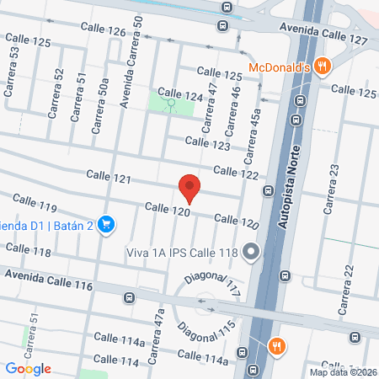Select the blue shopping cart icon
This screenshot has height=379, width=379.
coord(105,224)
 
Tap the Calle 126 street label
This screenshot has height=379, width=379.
coord(105,32)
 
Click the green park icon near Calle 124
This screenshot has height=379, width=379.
coord(171,105)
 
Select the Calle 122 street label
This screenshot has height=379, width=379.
coord(235,172)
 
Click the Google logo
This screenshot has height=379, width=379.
coord(28,368)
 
